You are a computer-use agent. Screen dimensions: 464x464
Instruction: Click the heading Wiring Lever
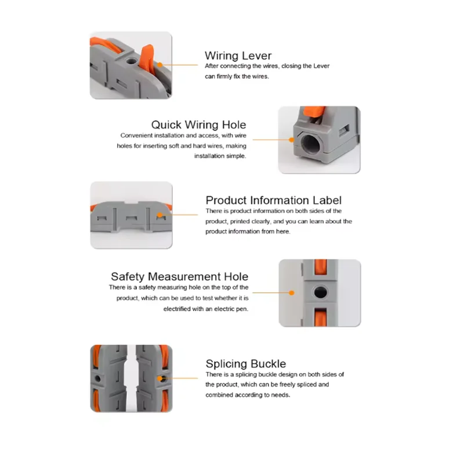point(238,56)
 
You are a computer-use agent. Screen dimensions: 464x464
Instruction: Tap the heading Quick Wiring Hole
point(198,125)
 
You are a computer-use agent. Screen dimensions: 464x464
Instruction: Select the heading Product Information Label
point(273,200)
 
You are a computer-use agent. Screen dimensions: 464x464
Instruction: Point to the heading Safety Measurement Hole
point(180,277)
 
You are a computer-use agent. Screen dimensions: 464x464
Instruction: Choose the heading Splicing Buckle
point(246,364)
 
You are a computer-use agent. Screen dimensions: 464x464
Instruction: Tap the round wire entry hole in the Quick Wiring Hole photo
point(310,143)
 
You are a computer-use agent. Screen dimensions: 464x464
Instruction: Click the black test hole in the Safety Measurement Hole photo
point(320,292)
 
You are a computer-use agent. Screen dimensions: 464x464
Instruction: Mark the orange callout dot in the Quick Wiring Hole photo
point(292,140)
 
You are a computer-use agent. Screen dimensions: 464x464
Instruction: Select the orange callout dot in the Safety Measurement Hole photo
point(292,293)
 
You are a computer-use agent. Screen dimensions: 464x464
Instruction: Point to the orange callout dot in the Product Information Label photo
point(160,215)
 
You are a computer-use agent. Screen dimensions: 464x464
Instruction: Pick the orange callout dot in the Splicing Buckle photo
point(160,378)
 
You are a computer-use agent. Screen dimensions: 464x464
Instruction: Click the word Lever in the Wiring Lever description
point(321,66)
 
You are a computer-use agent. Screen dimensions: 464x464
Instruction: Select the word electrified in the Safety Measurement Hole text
point(177,309)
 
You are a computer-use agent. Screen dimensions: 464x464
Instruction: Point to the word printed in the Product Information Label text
point(240,222)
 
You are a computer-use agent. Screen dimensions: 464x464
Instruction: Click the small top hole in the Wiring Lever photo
point(130,61)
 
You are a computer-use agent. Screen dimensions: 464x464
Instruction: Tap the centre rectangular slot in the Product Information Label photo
point(131,219)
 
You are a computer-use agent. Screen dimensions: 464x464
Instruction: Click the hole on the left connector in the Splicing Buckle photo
point(97,379)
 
